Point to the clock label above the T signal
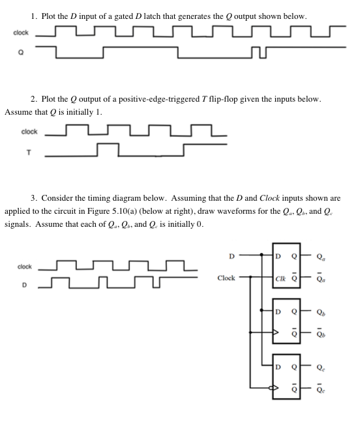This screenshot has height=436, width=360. (x=29, y=132)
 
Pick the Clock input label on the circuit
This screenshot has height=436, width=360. (x=226, y=277)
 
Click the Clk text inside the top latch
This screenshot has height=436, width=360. (x=280, y=278)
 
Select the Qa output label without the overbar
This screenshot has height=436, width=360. (x=318, y=255)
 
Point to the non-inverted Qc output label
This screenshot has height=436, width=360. (x=318, y=366)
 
